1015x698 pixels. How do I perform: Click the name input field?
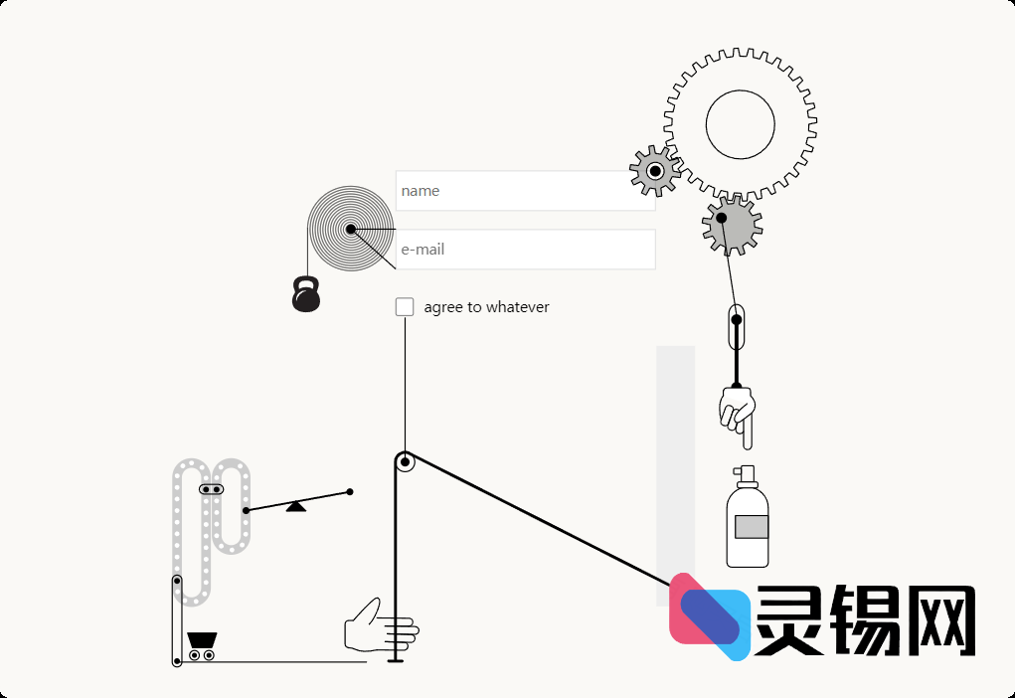click(524, 191)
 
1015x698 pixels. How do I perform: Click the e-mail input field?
click(524, 250)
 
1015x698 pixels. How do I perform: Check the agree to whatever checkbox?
click(405, 307)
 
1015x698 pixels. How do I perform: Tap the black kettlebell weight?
click(306, 295)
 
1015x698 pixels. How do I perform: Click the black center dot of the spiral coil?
click(351, 230)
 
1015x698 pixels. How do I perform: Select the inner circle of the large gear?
click(740, 124)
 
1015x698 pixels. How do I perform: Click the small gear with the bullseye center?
click(655, 171)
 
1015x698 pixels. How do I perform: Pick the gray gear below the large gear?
click(731, 223)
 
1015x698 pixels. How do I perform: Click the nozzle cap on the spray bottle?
click(746, 473)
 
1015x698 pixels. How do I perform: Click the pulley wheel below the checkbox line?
click(405, 462)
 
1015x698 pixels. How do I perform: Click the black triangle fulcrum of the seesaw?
click(296, 506)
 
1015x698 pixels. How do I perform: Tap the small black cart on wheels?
click(202, 644)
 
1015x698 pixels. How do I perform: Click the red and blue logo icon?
click(708, 616)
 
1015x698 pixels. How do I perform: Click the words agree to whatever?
click(486, 307)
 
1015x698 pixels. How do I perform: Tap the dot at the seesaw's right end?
click(350, 491)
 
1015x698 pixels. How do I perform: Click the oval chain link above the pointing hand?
click(737, 327)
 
